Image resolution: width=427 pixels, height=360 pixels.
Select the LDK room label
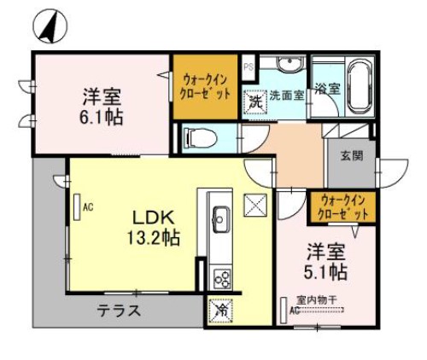click(154, 216)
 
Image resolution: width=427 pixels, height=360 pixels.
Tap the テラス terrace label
click(117, 311)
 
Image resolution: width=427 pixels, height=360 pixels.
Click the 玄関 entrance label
click(351, 155)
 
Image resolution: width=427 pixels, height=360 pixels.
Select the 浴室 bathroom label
click(328, 89)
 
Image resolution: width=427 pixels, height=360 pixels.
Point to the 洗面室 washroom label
click(286, 96)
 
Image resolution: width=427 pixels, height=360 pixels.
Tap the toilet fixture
click(200, 136)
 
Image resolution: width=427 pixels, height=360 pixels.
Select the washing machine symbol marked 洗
click(254, 101)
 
